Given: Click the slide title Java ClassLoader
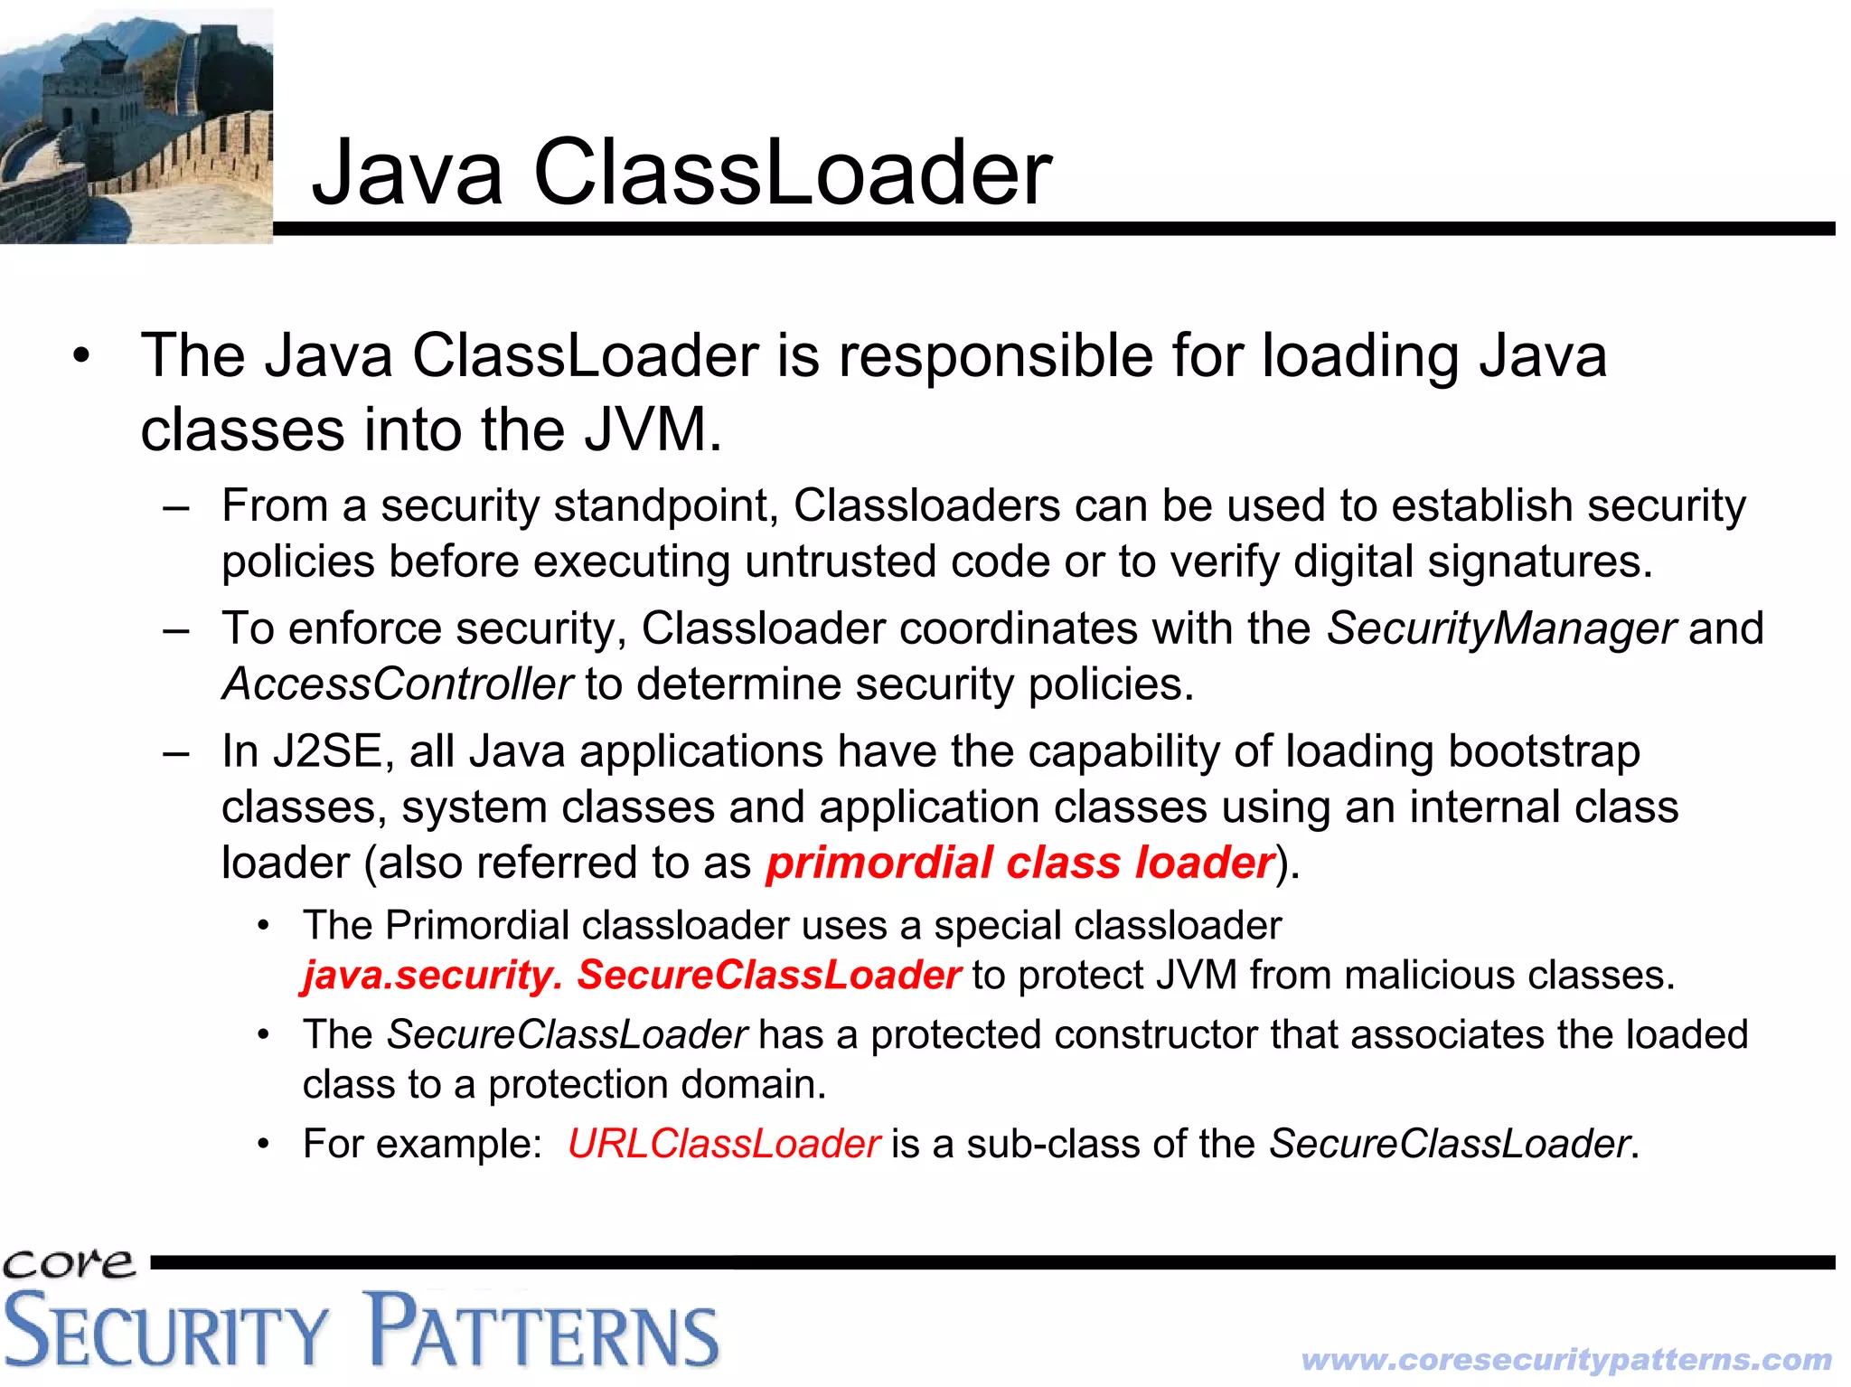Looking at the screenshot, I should pos(681,172).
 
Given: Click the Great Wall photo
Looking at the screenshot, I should pos(136,126).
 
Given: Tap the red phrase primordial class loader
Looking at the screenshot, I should pos(1020,863).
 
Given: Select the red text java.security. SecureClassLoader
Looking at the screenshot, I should pos(631,975).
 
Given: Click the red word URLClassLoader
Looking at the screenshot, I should pos(723,1144).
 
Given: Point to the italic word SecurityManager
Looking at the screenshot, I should pos(1500,628).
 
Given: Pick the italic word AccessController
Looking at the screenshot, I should pos(398,684).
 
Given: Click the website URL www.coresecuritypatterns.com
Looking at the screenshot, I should pos(1566,1359).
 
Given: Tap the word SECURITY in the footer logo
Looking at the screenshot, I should pos(167,1332).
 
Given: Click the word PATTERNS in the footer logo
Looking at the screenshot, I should pos(542,1330).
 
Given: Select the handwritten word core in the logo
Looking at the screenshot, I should pos(69,1263).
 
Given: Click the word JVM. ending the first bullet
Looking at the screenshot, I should pos(653,429).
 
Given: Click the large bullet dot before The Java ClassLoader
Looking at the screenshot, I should pos(82,355).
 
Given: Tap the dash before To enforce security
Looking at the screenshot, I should pos(175,628).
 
